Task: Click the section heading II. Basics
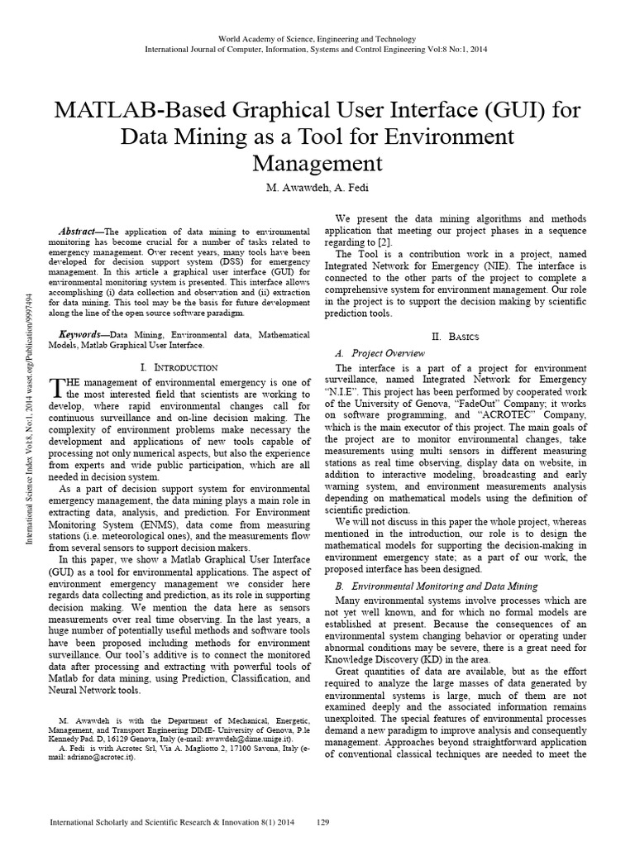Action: pyautogui.click(x=456, y=337)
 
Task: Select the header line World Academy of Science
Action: pyautogui.click(x=317, y=39)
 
